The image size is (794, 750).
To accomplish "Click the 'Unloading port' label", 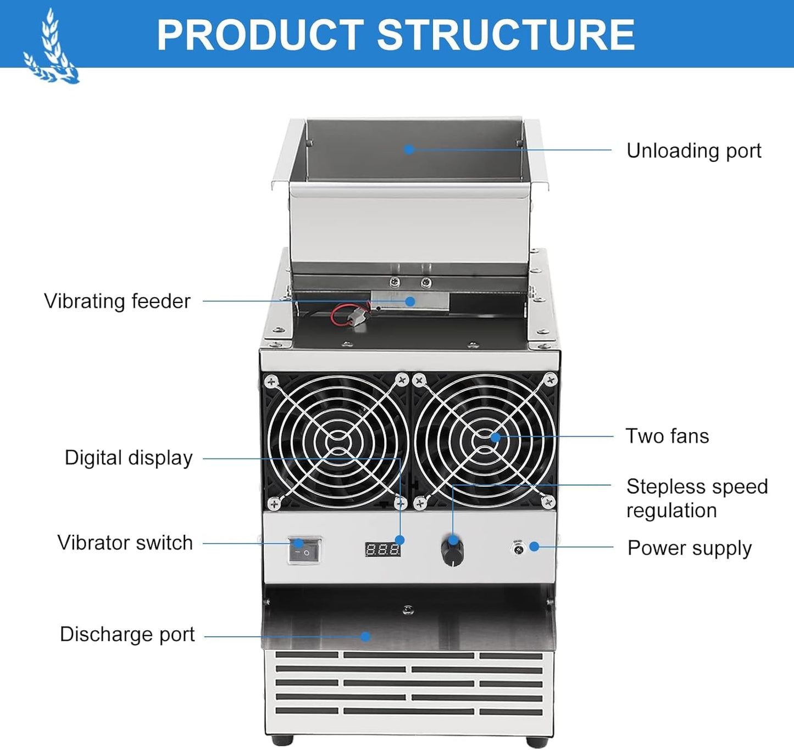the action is click(693, 152).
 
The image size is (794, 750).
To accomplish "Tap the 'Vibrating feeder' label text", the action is click(117, 301).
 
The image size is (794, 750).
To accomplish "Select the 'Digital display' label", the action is click(129, 458).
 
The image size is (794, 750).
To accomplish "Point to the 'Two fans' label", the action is click(667, 436).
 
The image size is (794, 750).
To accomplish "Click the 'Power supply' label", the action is click(690, 548).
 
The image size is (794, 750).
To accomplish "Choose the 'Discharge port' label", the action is click(127, 635).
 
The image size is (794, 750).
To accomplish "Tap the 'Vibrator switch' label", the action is click(125, 542).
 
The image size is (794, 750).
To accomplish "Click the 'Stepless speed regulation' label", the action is click(697, 498).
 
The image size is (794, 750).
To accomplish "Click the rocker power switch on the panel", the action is click(304, 550).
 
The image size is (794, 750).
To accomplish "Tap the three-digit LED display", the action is click(383, 549).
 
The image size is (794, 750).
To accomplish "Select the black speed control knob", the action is click(452, 552).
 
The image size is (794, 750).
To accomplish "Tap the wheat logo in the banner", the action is click(51, 47).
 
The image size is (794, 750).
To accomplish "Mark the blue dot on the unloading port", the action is click(409, 149).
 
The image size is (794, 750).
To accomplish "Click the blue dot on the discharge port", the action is click(365, 636).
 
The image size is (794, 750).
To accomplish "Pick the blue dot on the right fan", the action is click(496, 436).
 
